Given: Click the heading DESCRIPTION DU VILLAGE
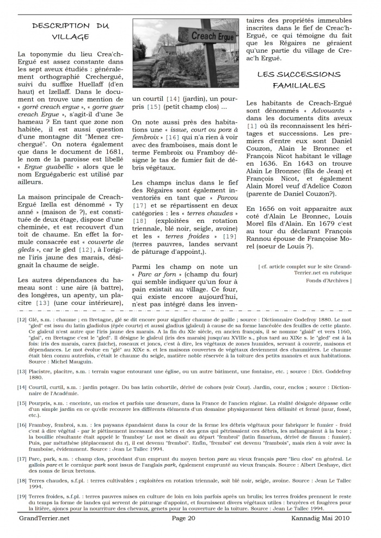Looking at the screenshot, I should pos(70,31).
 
